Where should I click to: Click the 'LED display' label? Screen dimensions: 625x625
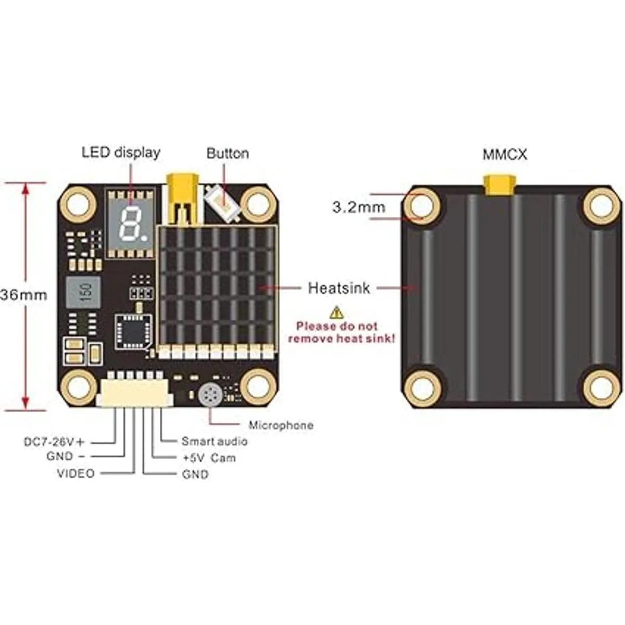pos(121,152)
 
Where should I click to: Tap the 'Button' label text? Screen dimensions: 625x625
pos(228,153)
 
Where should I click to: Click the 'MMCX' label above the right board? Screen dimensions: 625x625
pos(505,154)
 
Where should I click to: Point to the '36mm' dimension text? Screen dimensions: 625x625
pos(23,295)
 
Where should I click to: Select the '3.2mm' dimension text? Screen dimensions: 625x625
pos(359,207)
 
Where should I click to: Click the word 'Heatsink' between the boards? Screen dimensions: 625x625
pos(339,287)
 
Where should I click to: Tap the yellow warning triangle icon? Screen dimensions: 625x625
pos(337,312)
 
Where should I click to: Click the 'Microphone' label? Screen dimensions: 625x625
pos(281,426)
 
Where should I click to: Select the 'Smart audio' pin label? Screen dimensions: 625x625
pos(214,442)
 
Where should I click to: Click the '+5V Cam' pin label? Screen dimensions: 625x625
pos(209,458)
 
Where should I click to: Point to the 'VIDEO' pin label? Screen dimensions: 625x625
pos(76,473)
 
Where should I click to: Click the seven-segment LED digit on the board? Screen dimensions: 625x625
pos(129,223)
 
